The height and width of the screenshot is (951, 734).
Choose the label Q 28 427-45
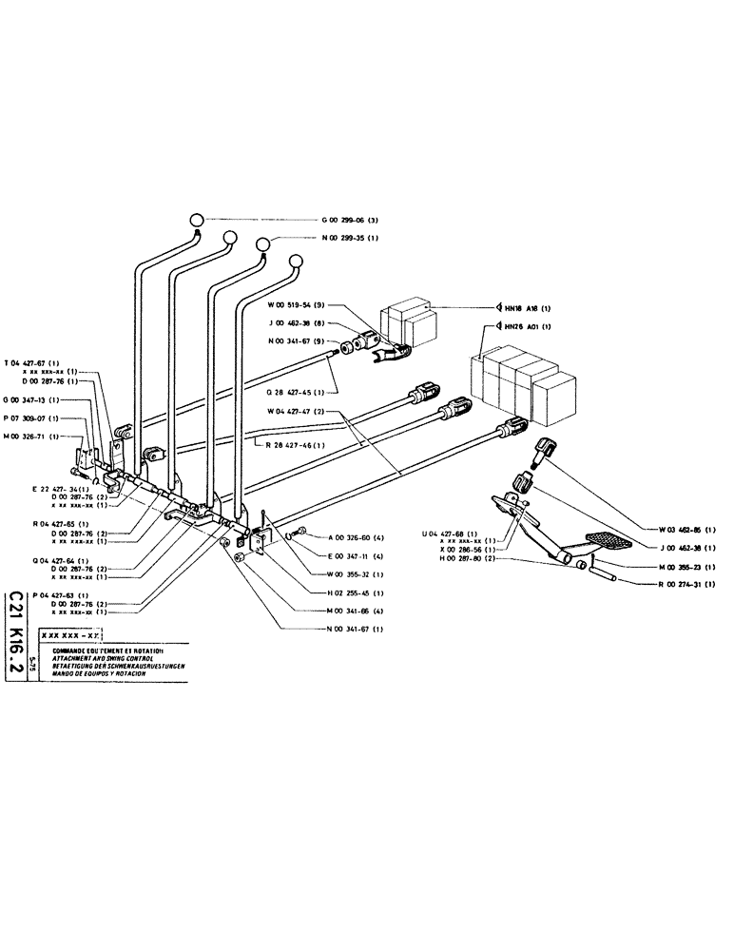coord(298,391)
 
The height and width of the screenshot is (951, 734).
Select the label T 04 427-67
coord(35,362)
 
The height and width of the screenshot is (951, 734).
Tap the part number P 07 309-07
coord(35,417)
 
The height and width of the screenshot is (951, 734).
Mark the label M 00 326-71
coord(35,436)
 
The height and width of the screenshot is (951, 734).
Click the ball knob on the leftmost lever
coord(196,219)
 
